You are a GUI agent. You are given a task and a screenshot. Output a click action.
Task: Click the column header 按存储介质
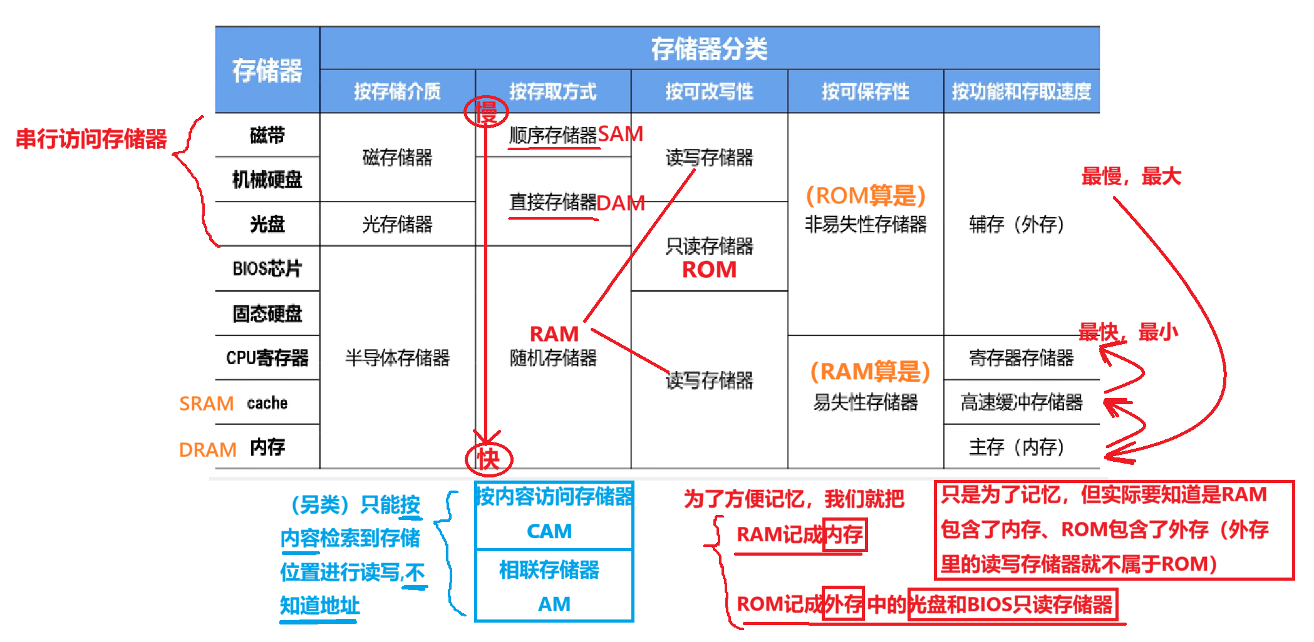pyautogui.click(x=397, y=91)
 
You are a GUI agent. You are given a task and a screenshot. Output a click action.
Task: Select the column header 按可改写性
pyautogui.click(x=709, y=91)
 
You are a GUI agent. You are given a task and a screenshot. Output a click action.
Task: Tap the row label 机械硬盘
pyautogui.click(x=267, y=180)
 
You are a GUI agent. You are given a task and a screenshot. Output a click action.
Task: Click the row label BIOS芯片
pyautogui.click(x=267, y=268)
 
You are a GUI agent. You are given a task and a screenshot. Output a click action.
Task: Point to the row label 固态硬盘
pyautogui.click(x=267, y=313)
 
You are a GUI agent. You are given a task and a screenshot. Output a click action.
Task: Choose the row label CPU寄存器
pyautogui.click(x=267, y=358)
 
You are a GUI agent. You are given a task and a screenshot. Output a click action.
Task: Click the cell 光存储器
pyautogui.click(x=397, y=224)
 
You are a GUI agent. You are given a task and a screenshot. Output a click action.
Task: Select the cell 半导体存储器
pyautogui.click(x=397, y=358)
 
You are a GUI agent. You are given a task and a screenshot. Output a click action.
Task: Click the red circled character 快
pyautogui.click(x=489, y=459)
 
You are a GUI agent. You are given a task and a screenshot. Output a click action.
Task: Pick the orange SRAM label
pyautogui.click(x=206, y=404)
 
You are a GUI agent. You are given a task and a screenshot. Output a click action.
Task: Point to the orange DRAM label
pyautogui.click(x=207, y=449)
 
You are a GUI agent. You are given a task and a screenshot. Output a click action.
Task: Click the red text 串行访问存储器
pyautogui.click(x=91, y=139)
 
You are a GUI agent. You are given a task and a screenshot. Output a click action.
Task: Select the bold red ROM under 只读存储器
pyautogui.click(x=709, y=270)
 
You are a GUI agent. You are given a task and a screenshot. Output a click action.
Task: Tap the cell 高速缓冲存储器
pyautogui.click(x=1021, y=402)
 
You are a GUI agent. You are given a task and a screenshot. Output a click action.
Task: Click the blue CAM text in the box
pyautogui.click(x=549, y=531)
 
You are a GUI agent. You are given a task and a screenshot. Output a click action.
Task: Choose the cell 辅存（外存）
pyautogui.click(x=1016, y=224)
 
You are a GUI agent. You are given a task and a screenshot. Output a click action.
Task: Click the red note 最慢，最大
pyautogui.click(x=1130, y=176)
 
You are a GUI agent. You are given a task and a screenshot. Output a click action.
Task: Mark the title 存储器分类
pyautogui.click(x=709, y=48)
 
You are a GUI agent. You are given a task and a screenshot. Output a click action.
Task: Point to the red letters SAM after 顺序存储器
pyautogui.click(x=620, y=134)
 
